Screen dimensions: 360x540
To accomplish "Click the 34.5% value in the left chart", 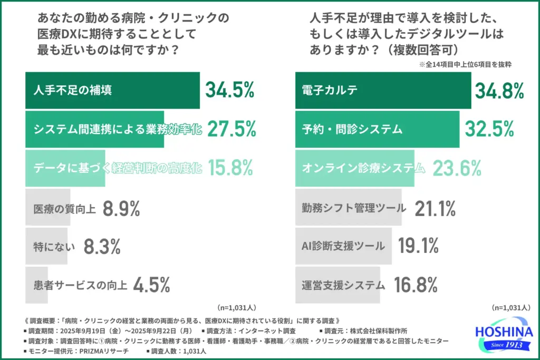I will (x=230, y=90).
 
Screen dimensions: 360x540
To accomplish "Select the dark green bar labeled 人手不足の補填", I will (x=112, y=90).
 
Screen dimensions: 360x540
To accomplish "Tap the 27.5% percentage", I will (x=232, y=129).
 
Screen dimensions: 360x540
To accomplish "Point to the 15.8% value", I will (x=230, y=168).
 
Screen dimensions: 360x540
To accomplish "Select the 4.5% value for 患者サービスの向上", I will (x=151, y=285).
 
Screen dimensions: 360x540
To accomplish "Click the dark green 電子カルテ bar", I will (x=383, y=90).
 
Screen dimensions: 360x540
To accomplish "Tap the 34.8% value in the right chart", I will (x=499, y=90).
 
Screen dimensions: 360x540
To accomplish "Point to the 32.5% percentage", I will (x=489, y=129).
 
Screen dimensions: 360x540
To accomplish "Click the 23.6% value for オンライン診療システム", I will (x=457, y=168).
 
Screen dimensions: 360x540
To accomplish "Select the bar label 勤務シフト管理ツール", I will (x=354, y=209).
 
